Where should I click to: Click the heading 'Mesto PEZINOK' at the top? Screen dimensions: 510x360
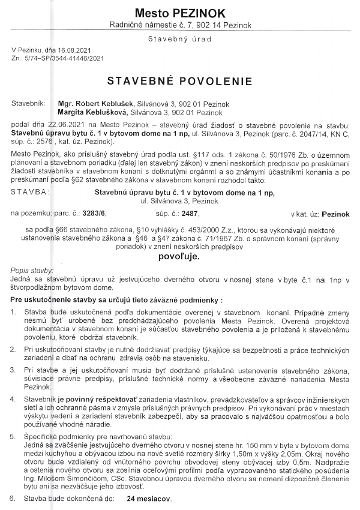click(x=180, y=12)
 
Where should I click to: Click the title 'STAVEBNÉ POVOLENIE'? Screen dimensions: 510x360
click(x=180, y=81)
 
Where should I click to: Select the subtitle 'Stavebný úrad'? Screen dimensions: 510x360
click(x=179, y=39)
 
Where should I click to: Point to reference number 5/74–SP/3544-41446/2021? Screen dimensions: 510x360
click(x=62, y=58)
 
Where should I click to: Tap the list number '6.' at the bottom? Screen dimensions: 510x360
click(x=14, y=499)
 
